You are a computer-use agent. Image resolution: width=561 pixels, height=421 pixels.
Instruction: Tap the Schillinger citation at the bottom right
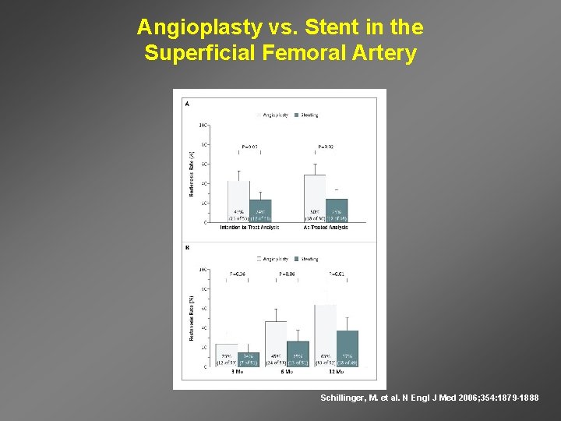coord(429,398)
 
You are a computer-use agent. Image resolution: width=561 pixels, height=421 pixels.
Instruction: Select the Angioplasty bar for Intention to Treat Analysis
coord(238,201)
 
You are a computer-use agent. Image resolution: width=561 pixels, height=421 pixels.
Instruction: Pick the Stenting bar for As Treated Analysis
coord(337,210)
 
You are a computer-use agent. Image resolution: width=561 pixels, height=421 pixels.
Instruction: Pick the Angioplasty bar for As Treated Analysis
coord(315,198)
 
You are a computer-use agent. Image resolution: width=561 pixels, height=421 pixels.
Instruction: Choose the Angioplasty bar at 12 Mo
coord(325,335)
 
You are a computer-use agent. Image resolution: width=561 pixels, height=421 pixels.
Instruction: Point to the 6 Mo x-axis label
coord(286,372)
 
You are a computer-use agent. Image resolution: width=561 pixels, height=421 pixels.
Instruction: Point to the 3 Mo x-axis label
coord(237,372)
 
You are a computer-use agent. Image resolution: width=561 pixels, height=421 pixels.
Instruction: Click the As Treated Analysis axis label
coord(325,228)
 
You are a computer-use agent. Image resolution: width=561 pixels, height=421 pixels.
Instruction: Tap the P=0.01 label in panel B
coord(337,274)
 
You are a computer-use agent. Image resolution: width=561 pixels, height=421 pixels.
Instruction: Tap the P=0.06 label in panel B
coord(288,274)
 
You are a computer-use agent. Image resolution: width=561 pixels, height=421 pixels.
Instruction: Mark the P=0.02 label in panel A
coord(326,146)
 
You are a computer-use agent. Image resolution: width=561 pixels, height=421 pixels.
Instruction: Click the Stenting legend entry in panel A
coord(306,115)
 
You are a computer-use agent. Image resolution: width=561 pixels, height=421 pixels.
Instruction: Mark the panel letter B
coord(186,248)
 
